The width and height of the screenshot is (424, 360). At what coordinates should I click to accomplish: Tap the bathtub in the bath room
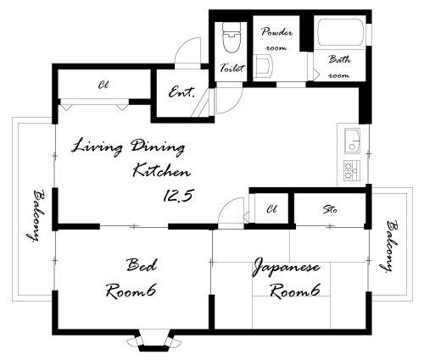point(340,32)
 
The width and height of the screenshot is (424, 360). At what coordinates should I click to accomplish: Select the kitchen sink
point(352,141)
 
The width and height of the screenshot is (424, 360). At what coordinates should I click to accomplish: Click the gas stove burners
point(352,170)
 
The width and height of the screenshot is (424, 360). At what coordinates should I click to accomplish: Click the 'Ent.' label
point(181,92)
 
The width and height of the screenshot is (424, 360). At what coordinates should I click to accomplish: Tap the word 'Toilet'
point(232,68)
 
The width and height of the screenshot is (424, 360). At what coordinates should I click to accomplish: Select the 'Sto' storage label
point(330,210)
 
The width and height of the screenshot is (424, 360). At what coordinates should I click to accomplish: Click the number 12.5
point(178,196)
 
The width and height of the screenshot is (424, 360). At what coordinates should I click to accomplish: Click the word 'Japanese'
point(286,267)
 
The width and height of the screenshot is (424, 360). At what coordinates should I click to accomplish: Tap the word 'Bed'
point(142,265)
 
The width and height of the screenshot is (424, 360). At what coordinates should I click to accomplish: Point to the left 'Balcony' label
point(36,216)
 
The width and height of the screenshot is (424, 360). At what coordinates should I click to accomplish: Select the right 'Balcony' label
point(389,246)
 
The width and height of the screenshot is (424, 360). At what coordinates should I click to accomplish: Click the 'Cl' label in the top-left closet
point(103,85)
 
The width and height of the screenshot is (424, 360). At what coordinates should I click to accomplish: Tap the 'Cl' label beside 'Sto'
point(271,209)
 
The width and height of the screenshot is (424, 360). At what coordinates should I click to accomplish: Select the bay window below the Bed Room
point(153,341)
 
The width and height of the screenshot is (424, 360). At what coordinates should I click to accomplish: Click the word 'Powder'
point(276,32)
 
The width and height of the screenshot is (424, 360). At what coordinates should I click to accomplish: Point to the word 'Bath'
point(339,59)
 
